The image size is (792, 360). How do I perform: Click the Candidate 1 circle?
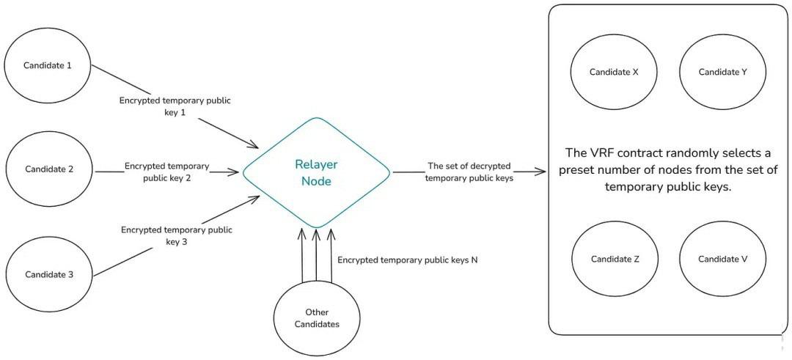point(48,65)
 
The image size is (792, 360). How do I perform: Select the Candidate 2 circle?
point(48,169)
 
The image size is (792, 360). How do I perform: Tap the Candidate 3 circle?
point(48,275)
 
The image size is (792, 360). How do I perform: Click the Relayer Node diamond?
point(316,172)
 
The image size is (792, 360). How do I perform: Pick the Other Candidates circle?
point(317,318)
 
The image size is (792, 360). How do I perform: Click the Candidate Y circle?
point(722,72)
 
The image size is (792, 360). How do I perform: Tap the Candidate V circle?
point(722,259)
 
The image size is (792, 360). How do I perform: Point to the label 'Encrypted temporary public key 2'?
point(167,172)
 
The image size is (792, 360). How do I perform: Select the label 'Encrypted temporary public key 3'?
point(177,235)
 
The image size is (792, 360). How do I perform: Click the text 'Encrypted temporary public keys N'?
point(408,260)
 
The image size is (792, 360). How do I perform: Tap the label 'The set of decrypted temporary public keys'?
point(469,172)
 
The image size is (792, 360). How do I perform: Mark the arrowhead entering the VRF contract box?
point(543,172)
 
